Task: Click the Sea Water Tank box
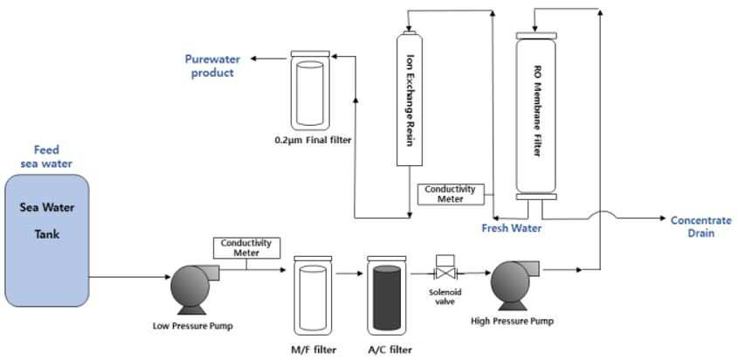click(x=46, y=240)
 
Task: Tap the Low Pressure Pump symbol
click(x=192, y=289)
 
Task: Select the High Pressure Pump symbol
click(x=513, y=285)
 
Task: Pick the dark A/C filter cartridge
click(x=386, y=298)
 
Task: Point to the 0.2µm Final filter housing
click(x=310, y=90)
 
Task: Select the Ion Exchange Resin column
click(x=409, y=99)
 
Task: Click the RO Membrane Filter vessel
click(x=536, y=115)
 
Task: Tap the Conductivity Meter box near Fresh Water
click(x=451, y=194)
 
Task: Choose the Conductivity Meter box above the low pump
click(x=246, y=248)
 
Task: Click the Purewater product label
click(x=212, y=66)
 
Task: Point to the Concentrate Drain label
click(x=700, y=226)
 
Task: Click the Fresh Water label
click(x=511, y=228)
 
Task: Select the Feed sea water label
click(x=46, y=156)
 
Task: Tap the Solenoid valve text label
click(x=445, y=296)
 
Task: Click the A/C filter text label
click(x=390, y=350)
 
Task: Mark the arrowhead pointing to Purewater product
click(x=253, y=59)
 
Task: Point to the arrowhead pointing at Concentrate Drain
click(x=663, y=218)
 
